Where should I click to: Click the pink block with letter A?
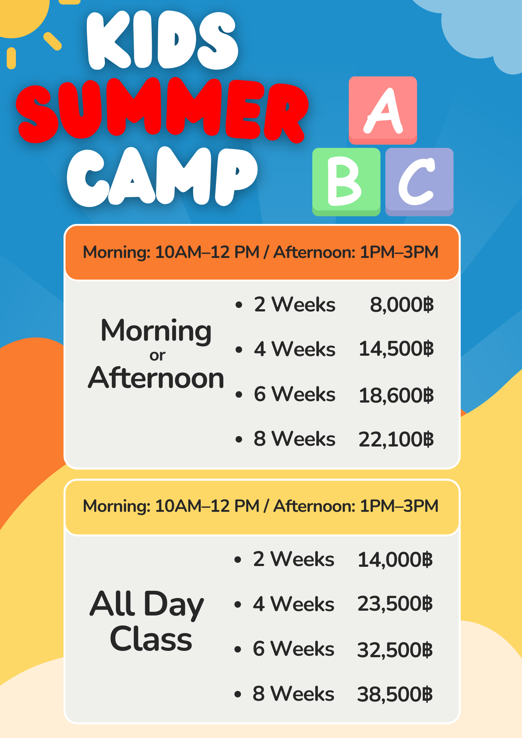pos(383,110)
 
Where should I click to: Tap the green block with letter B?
pos(346,182)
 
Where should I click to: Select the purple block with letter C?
pos(419,182)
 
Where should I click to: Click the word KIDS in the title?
pos(162,40)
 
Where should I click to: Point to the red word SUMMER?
pos(162,111)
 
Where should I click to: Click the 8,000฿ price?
pos(402,305)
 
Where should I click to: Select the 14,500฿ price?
pos(396,349)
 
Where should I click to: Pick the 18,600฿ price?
pos(396,395)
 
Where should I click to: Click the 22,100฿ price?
pos(396,439)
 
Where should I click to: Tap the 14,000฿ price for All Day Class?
pos(395,560)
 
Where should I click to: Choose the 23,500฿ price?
pos(395,604)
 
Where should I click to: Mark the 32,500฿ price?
pos(395,650)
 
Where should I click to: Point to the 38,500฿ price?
pos(395,694)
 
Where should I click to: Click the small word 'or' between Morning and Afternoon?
pos(158,356)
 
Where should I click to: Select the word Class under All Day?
pos(151,639)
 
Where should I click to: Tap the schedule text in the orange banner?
pos(261,252)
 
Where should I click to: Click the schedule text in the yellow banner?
pos(261,506)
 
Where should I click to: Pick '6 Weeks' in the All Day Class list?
pos(293,649)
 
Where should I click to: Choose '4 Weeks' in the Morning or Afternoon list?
pos(295,349)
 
